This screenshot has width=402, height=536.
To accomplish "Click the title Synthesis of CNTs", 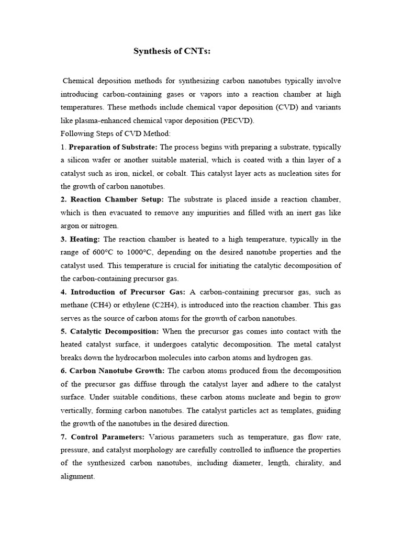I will [172, 51].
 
